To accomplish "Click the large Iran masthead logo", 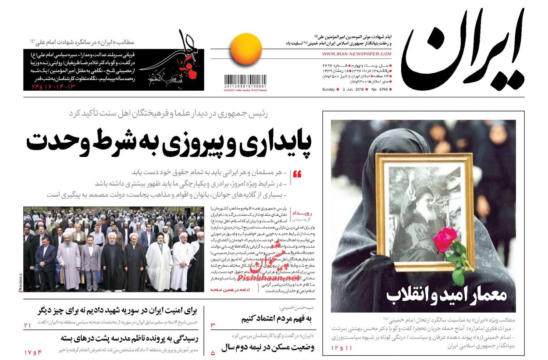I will coord(463,50).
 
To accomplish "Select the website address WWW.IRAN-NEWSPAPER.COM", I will coord(356,54).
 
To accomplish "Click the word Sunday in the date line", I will coord(328,89).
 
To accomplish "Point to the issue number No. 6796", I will coord(380,89).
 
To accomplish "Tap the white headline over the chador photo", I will coord(446,295).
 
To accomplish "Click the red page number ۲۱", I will coord(28,325).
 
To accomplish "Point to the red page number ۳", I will coord(213,325).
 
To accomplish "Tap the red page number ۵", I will coord(213,353).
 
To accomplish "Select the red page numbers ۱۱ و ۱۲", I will coord(342,348).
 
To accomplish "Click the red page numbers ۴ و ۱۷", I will coord(33,352).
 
